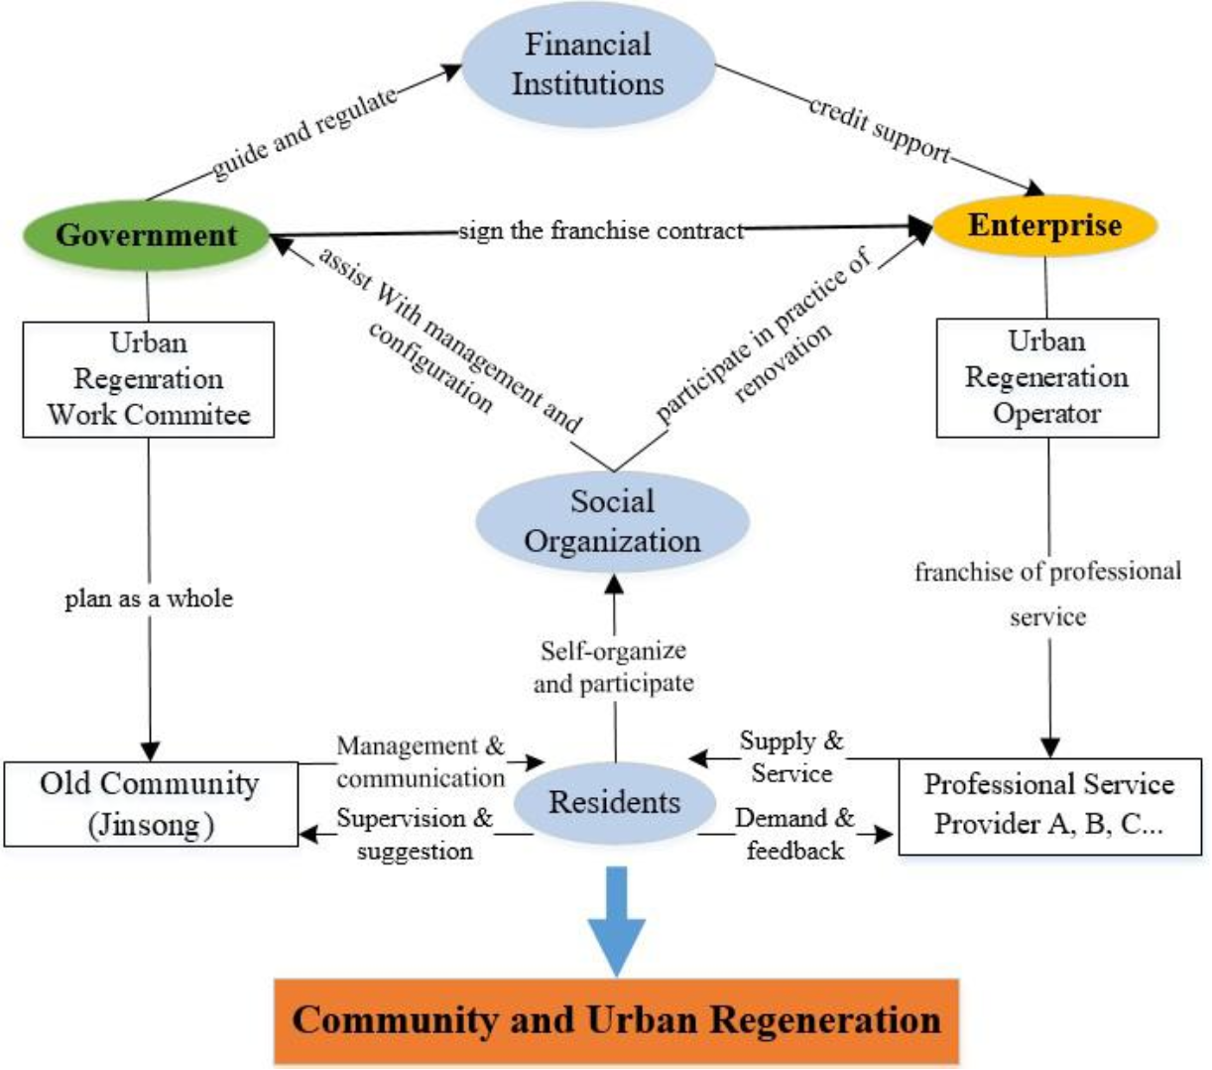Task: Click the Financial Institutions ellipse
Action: [588, 64]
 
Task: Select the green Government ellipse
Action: [147, 235]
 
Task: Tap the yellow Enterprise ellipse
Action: [1045, 225]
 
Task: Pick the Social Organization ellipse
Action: [612, 521]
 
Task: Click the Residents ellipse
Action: [615, 802]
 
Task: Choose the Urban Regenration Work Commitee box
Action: [149, 379]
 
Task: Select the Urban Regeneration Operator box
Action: [1047, 377]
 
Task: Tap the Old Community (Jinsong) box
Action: [151, 804]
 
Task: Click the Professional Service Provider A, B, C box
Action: [1049, 805]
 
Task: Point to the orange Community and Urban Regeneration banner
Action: [616, 1020]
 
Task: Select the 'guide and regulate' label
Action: [304, 132]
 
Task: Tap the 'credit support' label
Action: [879, 128]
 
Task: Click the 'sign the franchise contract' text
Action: [601, 231]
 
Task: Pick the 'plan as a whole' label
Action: [149, 599]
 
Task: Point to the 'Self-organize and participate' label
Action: [613, 667]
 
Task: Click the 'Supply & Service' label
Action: [791, 756]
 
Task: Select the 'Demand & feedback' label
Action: [794, 834]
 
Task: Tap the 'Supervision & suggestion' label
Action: [415, 834]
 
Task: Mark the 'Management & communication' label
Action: [421, 761]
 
